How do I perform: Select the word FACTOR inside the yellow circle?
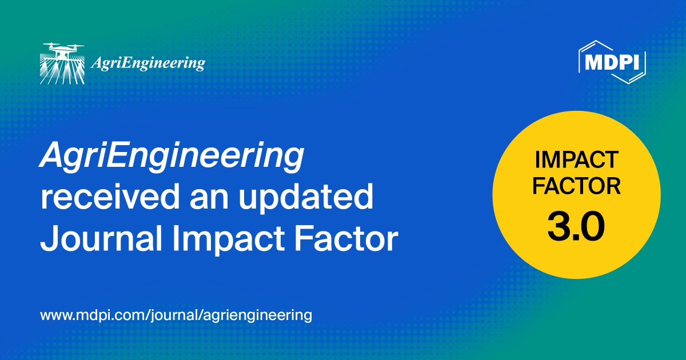(x=576, y=187)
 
